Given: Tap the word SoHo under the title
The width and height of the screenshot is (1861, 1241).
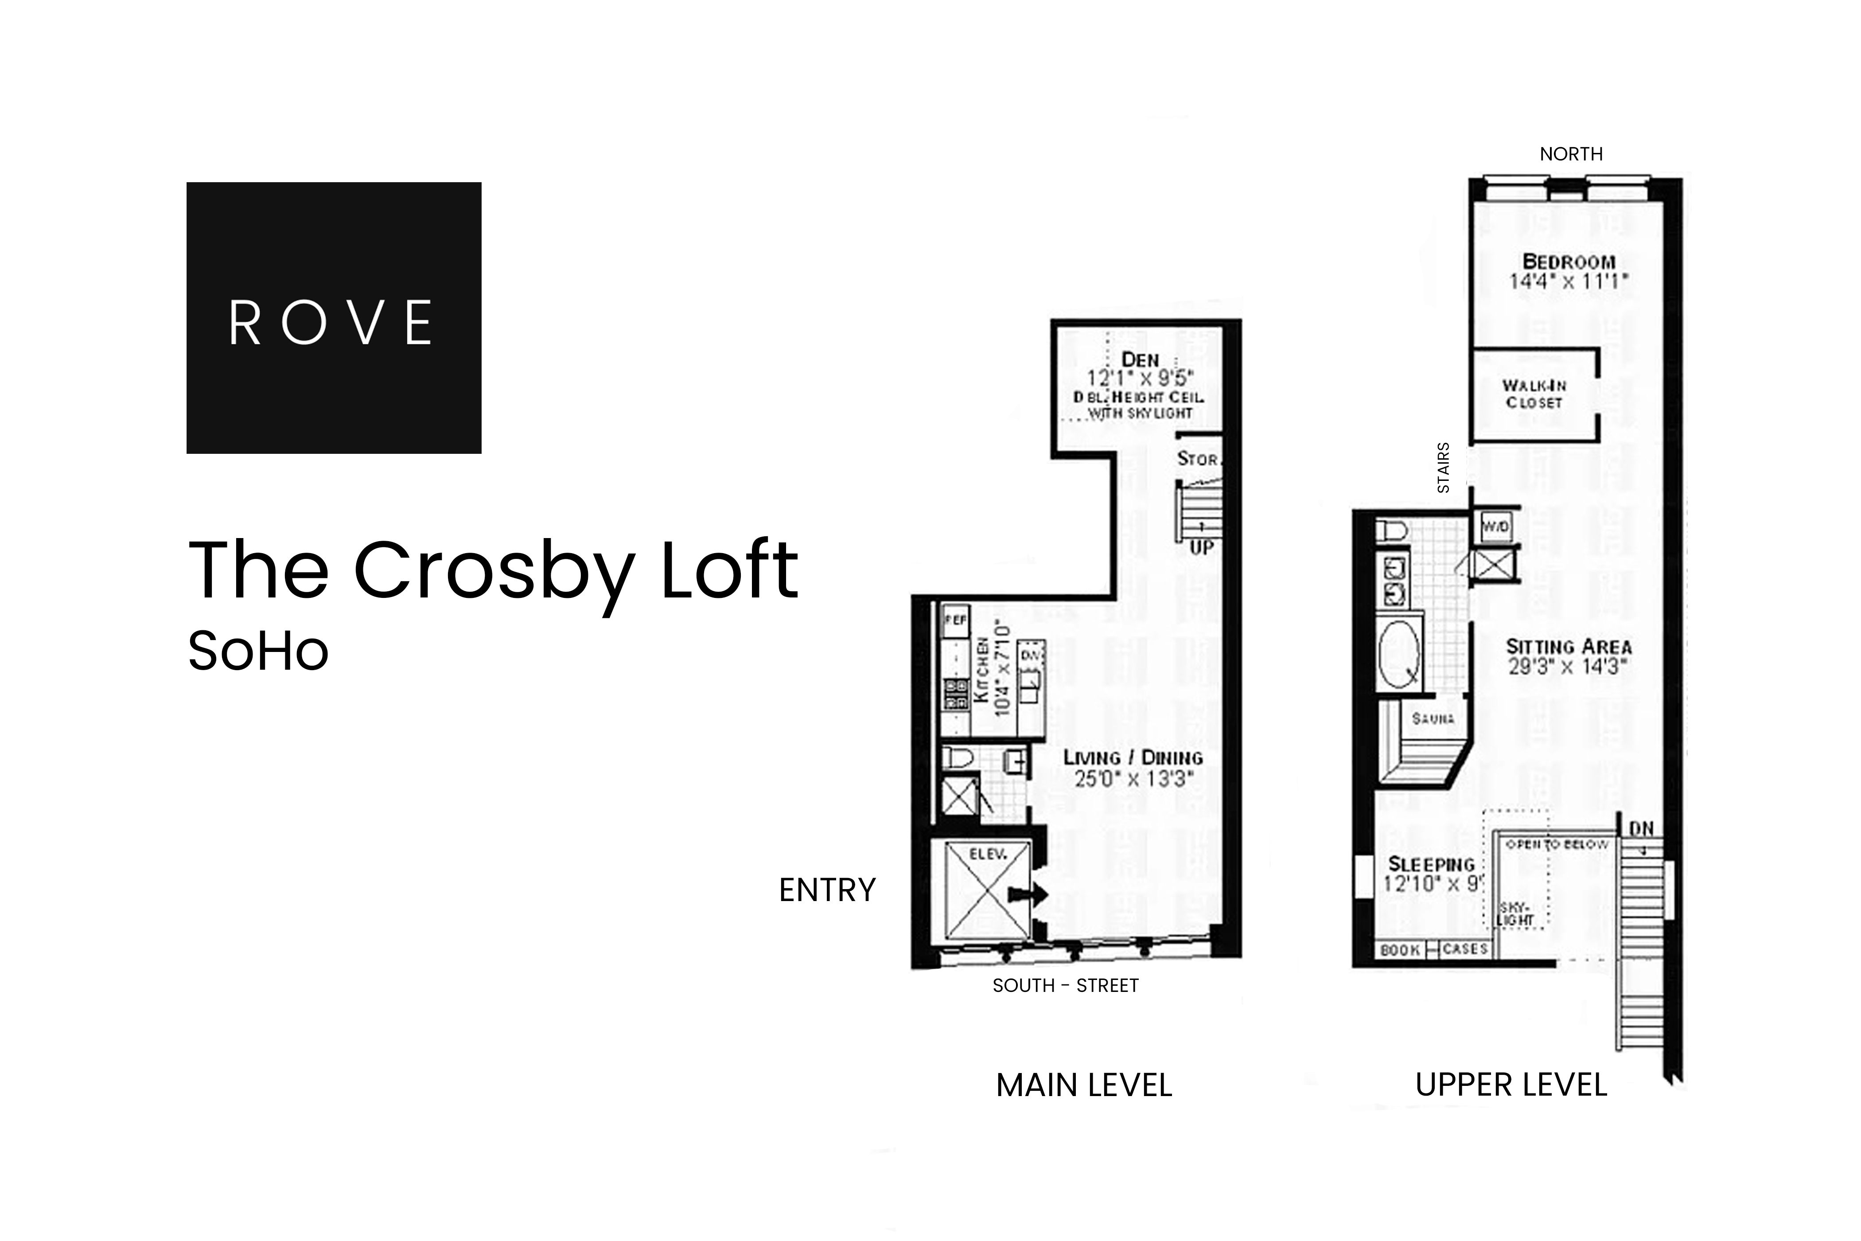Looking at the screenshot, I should tap(258, 652).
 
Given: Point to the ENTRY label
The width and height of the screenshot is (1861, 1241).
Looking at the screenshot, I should tap(827, 890).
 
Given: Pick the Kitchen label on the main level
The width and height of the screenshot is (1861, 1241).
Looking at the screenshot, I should tap(981, 669).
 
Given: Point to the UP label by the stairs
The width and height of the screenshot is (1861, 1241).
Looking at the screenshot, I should tap(1201, 548).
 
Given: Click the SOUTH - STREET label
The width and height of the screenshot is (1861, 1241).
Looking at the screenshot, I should tap(1065, 985).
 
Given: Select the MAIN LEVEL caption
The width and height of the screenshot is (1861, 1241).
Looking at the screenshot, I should tap(1083, 1085).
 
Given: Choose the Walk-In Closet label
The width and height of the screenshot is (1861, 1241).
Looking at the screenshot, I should tap(1534, 394).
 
